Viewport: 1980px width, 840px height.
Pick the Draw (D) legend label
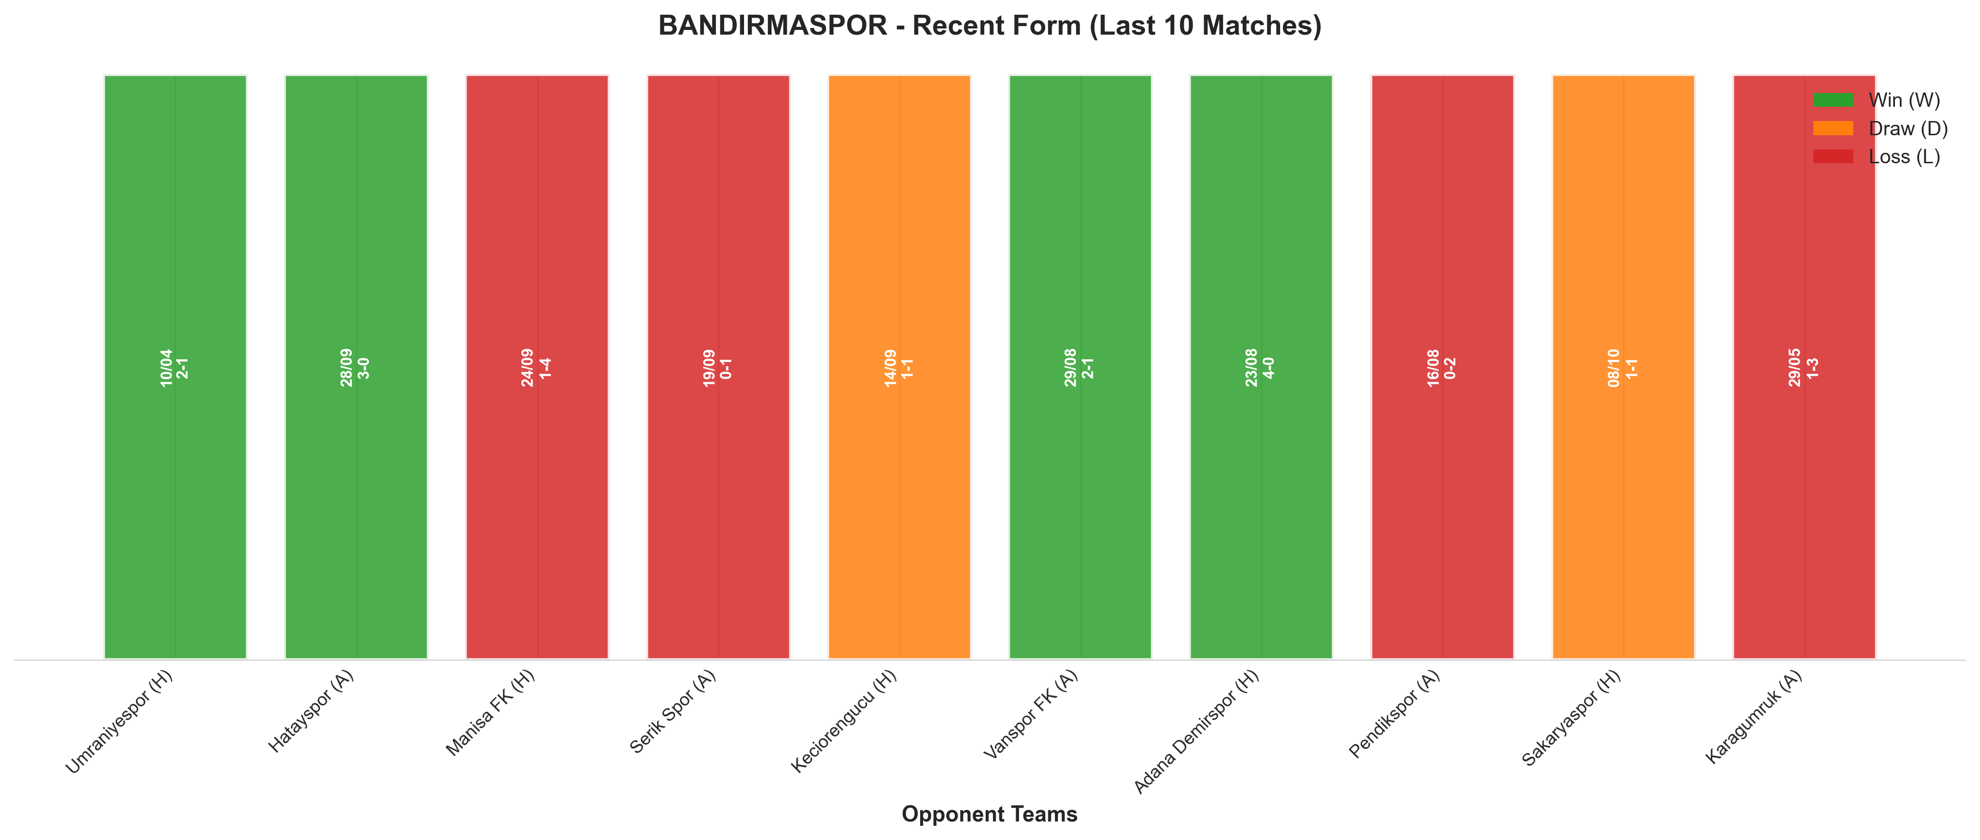(x=1908, y=128)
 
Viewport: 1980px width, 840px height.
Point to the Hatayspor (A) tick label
(x=311, y=711)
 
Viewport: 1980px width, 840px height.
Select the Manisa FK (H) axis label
(x=490, y=712)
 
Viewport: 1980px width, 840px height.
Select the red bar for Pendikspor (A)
(x=1442, y=366)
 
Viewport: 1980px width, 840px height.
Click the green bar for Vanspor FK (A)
(x=1080, y=366)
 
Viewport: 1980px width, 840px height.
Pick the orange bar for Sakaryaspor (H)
(x=1623, y=366)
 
